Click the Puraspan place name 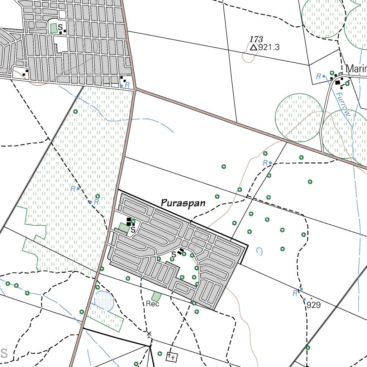(x=183, y=203)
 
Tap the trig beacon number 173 (x=257, y=39)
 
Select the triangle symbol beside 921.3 (x=254, y=47)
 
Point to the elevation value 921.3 (x=269, y=47)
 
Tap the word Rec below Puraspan (x=152, y=304)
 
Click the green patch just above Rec (x=156, y=296)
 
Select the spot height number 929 (x=314, y=305)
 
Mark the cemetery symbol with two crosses (x=172, y=357)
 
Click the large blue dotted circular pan (x=104, y=300)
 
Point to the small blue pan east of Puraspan (x=259, y=251)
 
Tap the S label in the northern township (x=60, y=27)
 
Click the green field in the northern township (x=54, y=28)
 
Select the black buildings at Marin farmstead (x=338, y=82)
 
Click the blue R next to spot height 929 (x=295, y=294)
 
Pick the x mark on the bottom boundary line (x=149, y=334)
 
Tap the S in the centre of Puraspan (x=173, y=254)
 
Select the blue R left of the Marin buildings (x=318, y=76)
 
